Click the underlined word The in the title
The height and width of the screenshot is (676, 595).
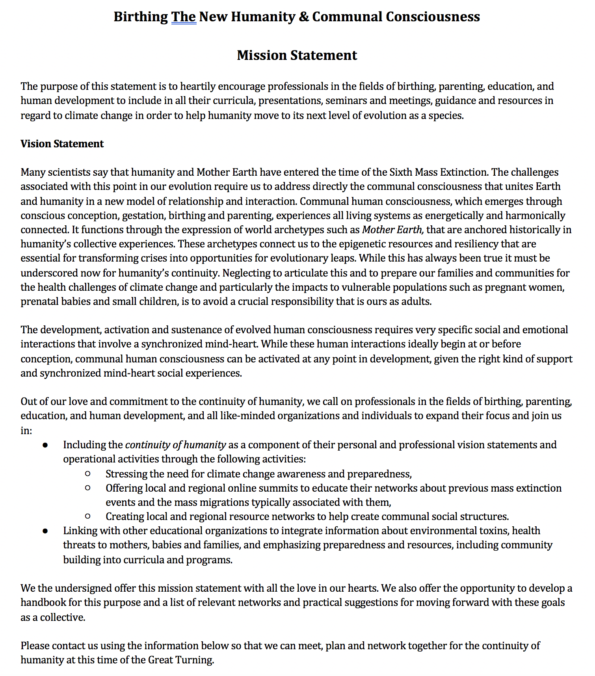184,17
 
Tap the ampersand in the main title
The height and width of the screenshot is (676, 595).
303,17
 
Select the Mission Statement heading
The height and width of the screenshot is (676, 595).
297,56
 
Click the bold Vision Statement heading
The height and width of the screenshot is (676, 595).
62,144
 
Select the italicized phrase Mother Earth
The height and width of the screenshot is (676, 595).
392,230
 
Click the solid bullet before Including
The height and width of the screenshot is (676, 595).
45,445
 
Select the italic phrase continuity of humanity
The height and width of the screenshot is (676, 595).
175,445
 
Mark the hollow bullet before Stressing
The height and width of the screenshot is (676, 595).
88,474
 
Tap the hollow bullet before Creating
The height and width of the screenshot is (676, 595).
88,516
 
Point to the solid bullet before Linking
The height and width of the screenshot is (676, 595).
45,531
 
